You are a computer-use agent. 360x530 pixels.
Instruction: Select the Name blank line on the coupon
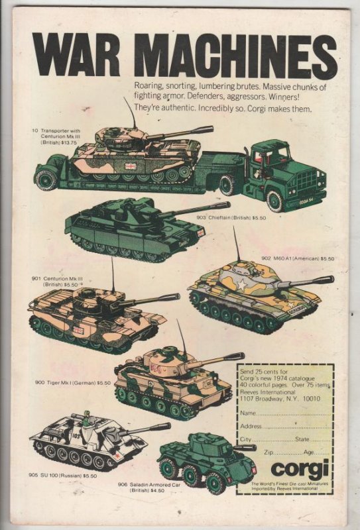(294, 413)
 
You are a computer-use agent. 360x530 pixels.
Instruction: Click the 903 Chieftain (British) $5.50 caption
(223, 217)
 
